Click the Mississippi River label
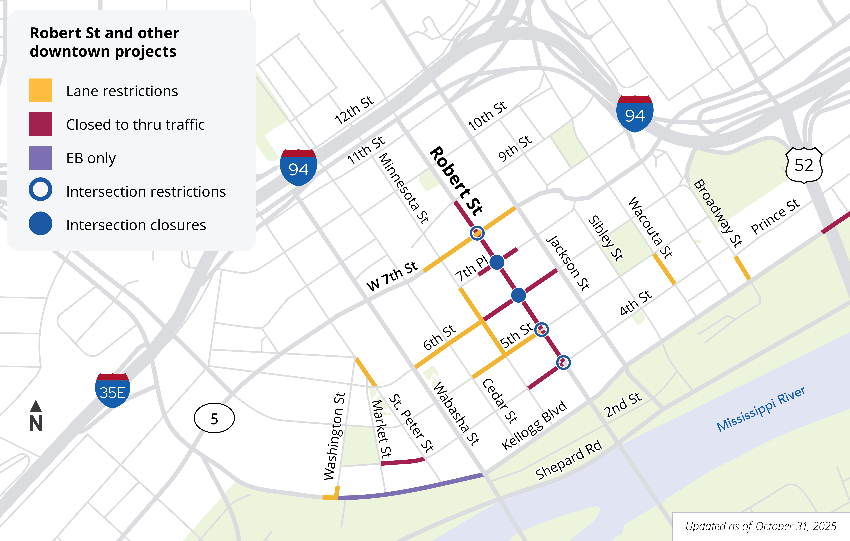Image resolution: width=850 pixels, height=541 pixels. click(761, 409)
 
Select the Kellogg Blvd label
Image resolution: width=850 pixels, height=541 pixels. click(534, 426)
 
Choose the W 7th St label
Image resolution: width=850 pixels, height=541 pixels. click(392, 276)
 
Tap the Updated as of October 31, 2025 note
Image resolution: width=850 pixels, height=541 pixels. click(761, 526)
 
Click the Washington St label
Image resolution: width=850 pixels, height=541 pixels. click(334, 436)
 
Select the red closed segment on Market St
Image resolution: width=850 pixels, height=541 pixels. click(402, 462)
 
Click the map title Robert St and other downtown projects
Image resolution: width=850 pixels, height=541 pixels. click(104, 42)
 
